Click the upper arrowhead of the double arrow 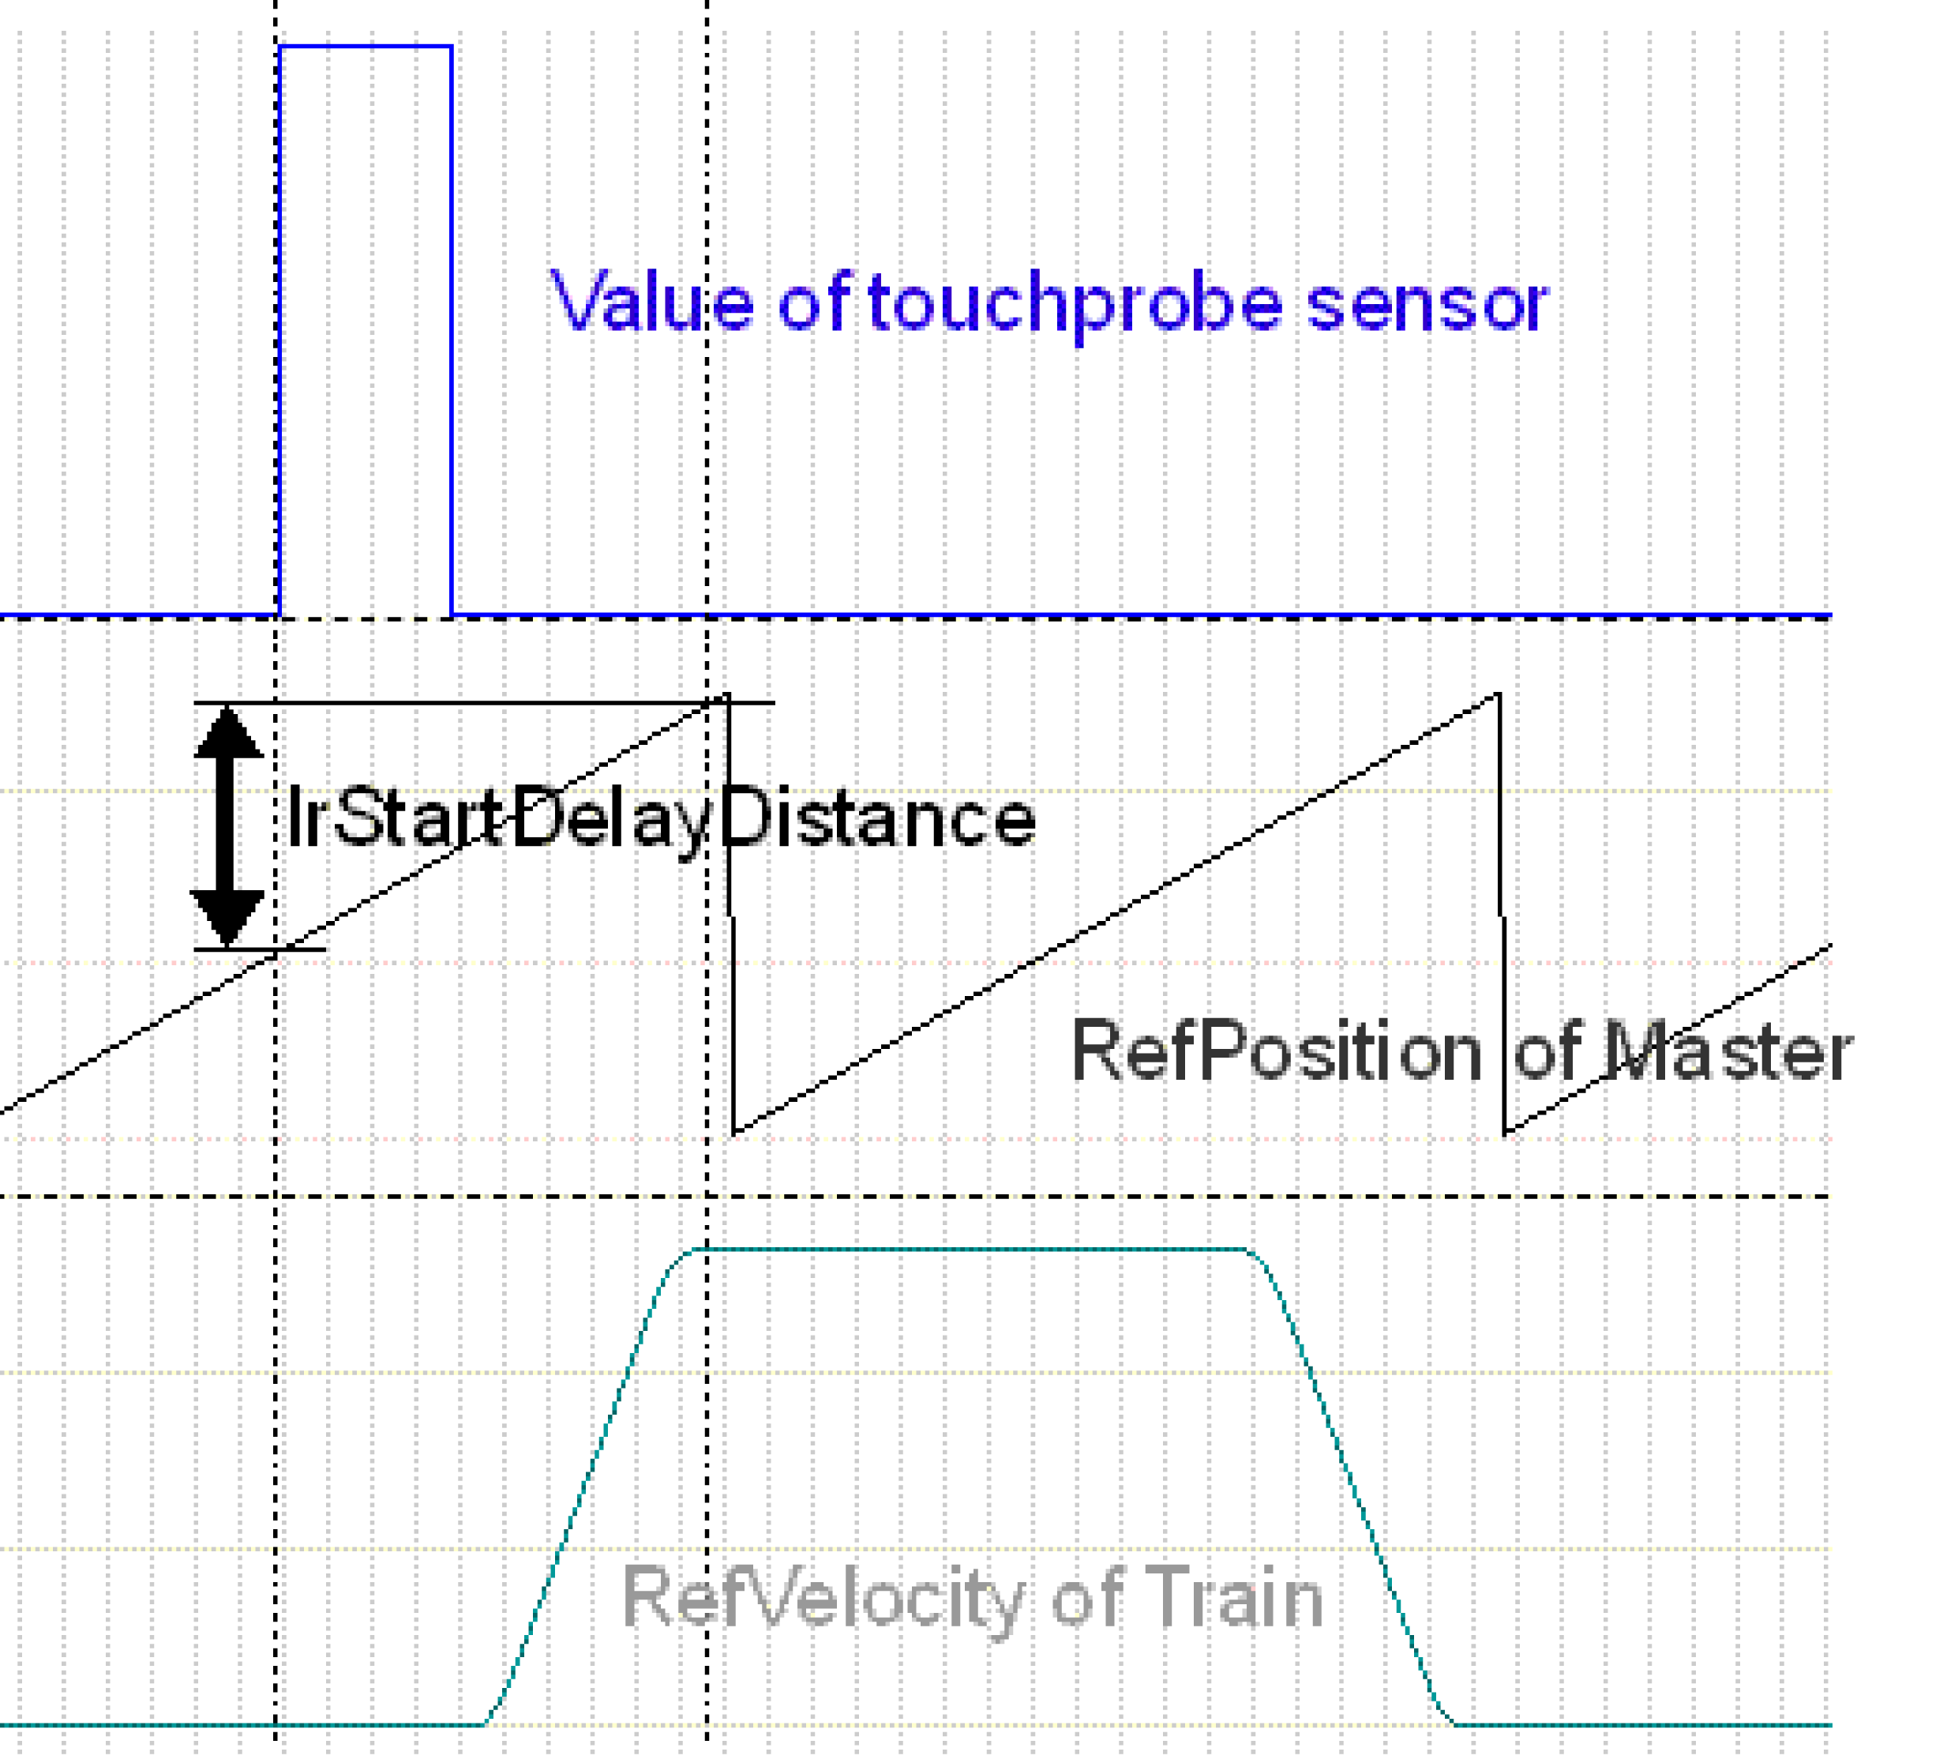[228, 733]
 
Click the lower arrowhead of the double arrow [228, 918]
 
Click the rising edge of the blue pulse [280, 329]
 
